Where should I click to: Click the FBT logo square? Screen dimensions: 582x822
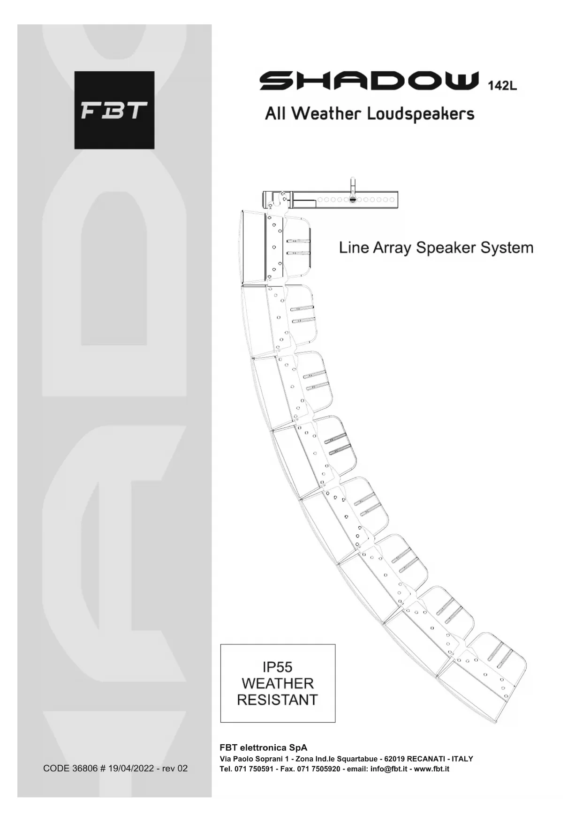pos(114,110)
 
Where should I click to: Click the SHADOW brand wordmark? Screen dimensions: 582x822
pos(370,81)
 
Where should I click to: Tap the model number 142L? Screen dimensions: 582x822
pos(502,86)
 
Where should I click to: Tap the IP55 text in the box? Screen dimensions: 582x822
pos(278,666)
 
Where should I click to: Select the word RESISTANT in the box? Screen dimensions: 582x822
pos(277,700)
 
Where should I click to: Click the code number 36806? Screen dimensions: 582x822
pos(84,768)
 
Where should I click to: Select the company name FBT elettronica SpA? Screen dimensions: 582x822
pos(264,747)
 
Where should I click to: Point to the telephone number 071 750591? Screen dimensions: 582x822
pos(253,769)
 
